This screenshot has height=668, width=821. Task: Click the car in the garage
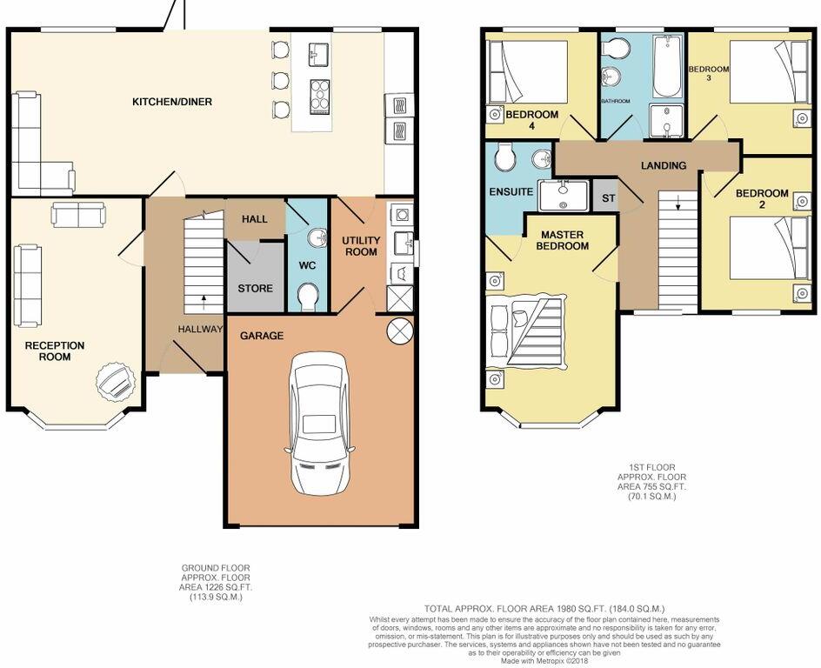pos(319,424)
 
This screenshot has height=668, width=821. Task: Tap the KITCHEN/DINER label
pos(171,102)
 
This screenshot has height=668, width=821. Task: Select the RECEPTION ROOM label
pos(55,351)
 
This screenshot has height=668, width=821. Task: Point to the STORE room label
pos(255,288)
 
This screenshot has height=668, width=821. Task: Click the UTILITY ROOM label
pos(360,246)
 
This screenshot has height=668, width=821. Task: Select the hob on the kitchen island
pos(318,90)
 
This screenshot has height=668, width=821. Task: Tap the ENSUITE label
pos(511,191)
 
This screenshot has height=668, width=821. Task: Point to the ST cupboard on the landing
pos(607,197)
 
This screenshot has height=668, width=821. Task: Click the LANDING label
pos(664,165)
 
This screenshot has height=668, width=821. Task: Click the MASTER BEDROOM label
pos(564,240)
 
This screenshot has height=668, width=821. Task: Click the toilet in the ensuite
pos(503,158)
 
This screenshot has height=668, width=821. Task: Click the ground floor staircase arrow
pos(204,302)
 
